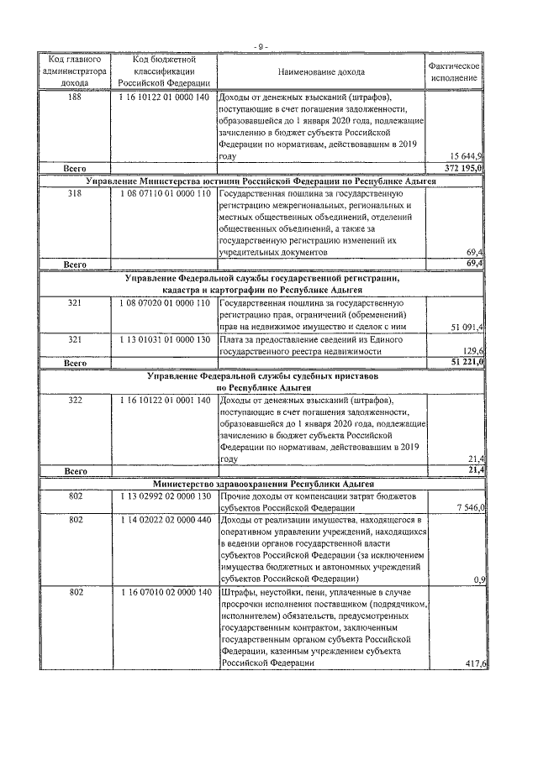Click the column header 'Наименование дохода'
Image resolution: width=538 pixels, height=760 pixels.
click(322, 71)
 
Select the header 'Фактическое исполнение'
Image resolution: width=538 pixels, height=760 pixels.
click(454, 71)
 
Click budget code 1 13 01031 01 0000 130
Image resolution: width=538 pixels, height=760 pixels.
click(164, 339)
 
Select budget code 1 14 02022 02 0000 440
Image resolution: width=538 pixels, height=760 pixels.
click(164, 521)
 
